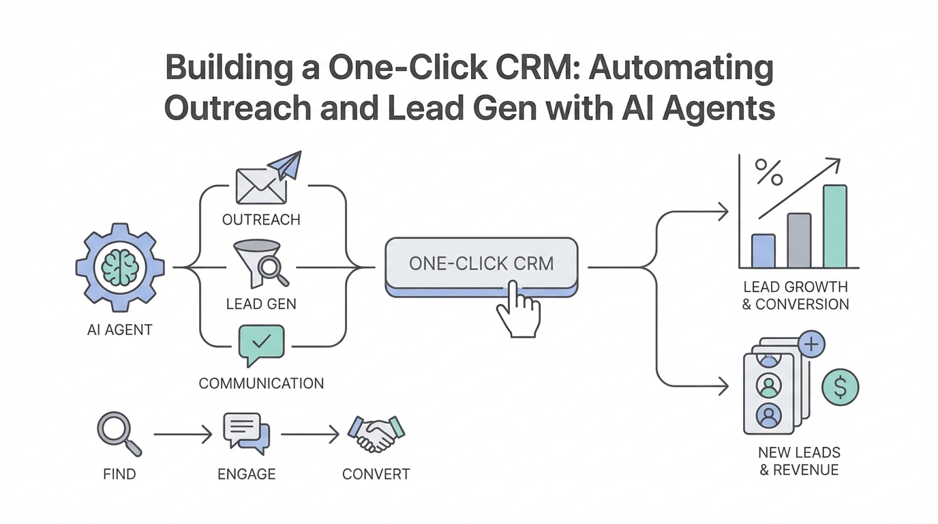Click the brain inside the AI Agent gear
coord(120,267)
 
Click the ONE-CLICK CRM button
coord(481,263)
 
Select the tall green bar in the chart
coord(834,226)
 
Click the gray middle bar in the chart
coord(799,240)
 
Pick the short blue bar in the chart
coord(763,250)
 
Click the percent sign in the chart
coord(768,174)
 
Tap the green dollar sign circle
coord(840,388)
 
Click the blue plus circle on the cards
coord(811,345)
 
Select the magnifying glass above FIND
coord(118,433)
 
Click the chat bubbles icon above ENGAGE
coord(246,431)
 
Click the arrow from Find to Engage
coord(183,434)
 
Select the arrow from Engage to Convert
coord(309,434)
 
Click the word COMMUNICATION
coord(261,383)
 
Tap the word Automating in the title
coord(681,70)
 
